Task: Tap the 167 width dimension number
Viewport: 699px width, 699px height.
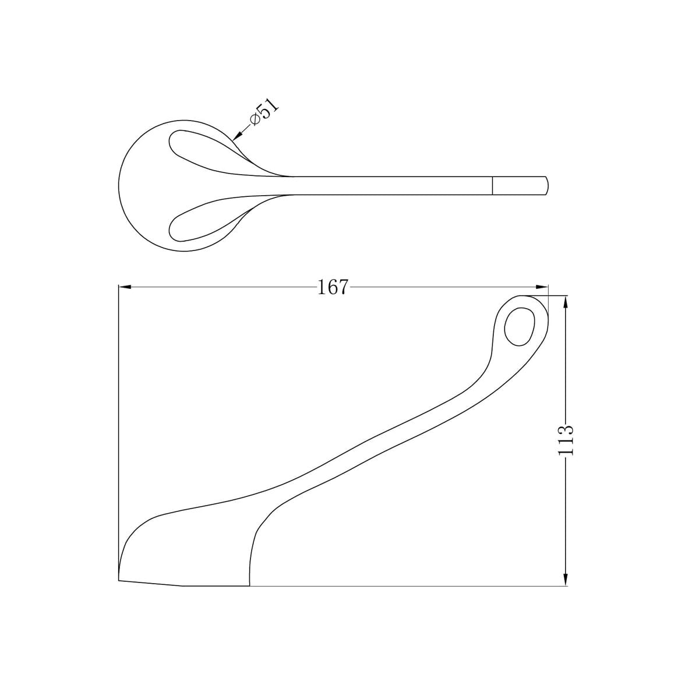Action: click(x=332, y=287)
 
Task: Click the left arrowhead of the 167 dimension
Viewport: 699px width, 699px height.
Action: click(x=125, y=287)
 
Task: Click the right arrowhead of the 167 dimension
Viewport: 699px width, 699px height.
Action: click(x=542, y=287)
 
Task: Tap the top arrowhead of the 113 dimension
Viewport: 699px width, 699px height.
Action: click(x=566, y=302)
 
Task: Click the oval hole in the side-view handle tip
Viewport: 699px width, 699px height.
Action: click(x=520, y=326)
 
